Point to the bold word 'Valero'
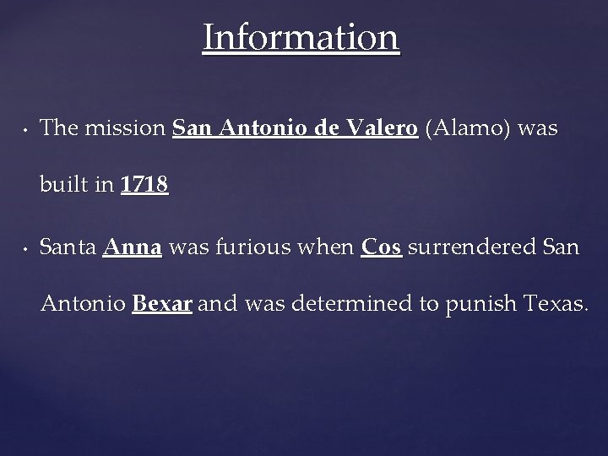click(384, 128)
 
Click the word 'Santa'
click(68, 248)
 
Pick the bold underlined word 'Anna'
click(133, 248)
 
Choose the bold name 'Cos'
click(382, 248)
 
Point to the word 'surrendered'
click(469, 248)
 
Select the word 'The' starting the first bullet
click(58, 128)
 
